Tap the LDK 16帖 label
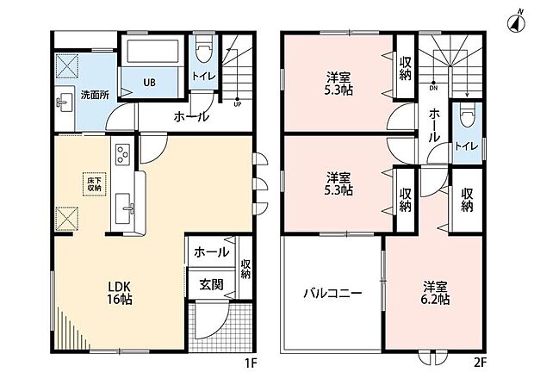pyautogui.click(x=120, y=293)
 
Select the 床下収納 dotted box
pyautogui.click(x=95, y=184)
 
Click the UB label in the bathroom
pyautogui.click(x=149, y=83)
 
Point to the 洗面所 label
pyautogui.click(x=95, y=95)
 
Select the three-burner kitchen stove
pyautogui.click(x=122, y=154)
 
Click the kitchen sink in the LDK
pyautogui.click(x=123, y=208)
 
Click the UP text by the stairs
pyautogui.click(x=238, y=105)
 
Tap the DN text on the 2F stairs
pyautogui.click(x=433, y=88)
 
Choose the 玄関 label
pyautogui.click(x=212, y=285)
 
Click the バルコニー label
pyautogui.click(x=332, y=293)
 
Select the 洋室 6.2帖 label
pyautogui.click(x=436, y=293)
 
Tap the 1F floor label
pyautogui.click(x=251, y=363)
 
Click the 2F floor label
pyautogui.click(x=480, y=363)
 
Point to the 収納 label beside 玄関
pyautogui.click(x=245, y=269)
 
